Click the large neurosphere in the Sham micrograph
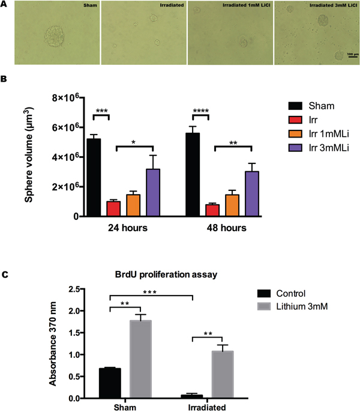pos(54,37)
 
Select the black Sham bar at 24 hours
pos(94,177)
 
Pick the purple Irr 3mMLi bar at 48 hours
pos(252,193)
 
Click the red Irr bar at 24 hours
pos(113,208)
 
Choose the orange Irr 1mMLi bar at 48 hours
pos(232,205)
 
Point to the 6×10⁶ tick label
pos(67,127)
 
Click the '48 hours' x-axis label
pos(227,228)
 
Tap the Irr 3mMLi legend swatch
pos(295,148)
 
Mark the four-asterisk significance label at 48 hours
pos(201,111)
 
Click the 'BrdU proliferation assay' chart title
pos(166,274)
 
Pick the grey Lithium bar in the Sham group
pos(140,359)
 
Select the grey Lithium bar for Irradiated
pos(223,375)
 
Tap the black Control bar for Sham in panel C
pos(110,383)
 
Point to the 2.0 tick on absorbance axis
pos(74,311)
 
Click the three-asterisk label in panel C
pos(150,292)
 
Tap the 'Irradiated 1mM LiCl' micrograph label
pos(247,5)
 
